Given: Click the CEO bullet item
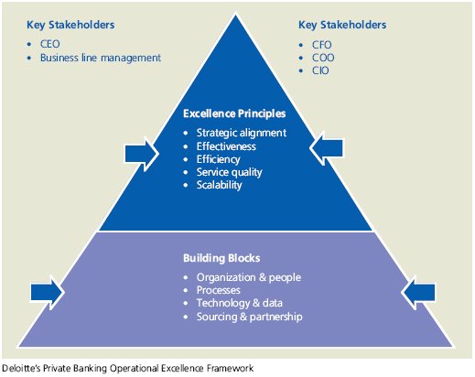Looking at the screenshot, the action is [x=50, y=44].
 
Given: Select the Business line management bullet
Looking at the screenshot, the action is [x=101, y=58].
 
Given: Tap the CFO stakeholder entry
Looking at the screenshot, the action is [x=321, y=45].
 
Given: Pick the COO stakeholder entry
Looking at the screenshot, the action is [x=323, y=58].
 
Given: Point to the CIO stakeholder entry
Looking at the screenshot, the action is [x=320, y=70].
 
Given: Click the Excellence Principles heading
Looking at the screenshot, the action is [x=234, y=113].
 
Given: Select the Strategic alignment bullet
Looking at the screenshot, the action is [x=242, y=133].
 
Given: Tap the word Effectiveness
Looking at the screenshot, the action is [x=226, y=146].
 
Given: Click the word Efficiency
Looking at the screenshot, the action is [x=218, y=159].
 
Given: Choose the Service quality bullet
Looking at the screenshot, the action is [x=229, y=172].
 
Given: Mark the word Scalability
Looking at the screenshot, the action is [x=219, y=185].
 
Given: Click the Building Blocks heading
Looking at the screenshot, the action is [x=221, y=258].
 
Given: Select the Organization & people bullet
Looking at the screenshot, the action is [x=249, y=277].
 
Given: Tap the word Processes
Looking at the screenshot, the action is [x=218, y=290].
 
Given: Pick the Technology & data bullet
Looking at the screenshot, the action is [x=239, y=303].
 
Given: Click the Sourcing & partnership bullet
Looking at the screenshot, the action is [x=249, y=317].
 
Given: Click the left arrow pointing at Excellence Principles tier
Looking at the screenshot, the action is [x=142, y=154].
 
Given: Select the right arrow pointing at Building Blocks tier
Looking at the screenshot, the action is [x=418, y=292].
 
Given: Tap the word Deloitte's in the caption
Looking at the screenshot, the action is [x=21, y=368].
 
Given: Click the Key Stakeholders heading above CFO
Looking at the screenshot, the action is [x=342, y=25].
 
